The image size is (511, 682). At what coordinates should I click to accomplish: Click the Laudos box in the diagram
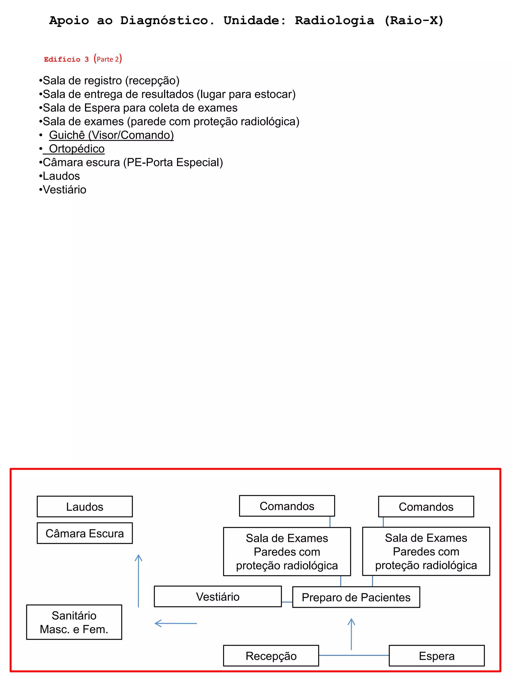(85, 506)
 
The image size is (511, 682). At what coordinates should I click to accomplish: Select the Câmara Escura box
(85, 533)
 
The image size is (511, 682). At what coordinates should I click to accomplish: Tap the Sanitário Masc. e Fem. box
(74, 622)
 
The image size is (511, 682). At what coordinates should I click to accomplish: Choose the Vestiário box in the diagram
(218, 597)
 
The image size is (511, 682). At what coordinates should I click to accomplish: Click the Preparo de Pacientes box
(356, 597)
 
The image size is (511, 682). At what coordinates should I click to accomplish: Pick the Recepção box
(271, 656)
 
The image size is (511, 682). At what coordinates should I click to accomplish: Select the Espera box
(436, 656)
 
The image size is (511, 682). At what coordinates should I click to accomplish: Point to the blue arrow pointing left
(176, 623)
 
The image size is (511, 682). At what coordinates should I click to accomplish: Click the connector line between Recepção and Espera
(370, 655)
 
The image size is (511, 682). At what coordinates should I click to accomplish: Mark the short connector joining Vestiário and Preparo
(287, 602)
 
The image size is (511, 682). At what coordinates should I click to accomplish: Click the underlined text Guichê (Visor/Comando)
(111, 135)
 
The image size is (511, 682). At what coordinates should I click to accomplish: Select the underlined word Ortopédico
(77, 149)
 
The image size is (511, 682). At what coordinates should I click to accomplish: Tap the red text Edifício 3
(66, 59)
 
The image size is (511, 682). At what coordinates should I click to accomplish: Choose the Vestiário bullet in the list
(64, 189)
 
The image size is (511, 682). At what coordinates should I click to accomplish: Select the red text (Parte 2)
(108, 59)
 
